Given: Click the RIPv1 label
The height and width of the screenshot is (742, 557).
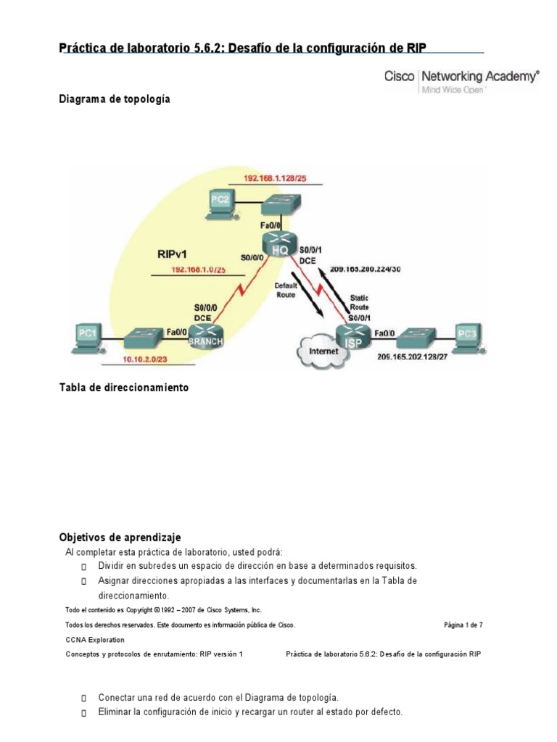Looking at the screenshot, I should (175, 255).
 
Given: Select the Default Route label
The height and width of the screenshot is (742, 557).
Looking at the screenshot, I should (286, 291).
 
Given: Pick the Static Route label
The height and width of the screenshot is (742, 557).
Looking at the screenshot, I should (358, 302).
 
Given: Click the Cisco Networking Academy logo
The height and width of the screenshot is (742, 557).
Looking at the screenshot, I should (461, 79).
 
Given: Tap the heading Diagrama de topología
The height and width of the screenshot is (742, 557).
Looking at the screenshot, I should (115, 99).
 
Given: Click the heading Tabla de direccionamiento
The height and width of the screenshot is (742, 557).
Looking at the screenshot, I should (123, 388).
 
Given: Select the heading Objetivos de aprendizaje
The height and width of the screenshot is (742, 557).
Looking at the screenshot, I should (120, 537).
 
